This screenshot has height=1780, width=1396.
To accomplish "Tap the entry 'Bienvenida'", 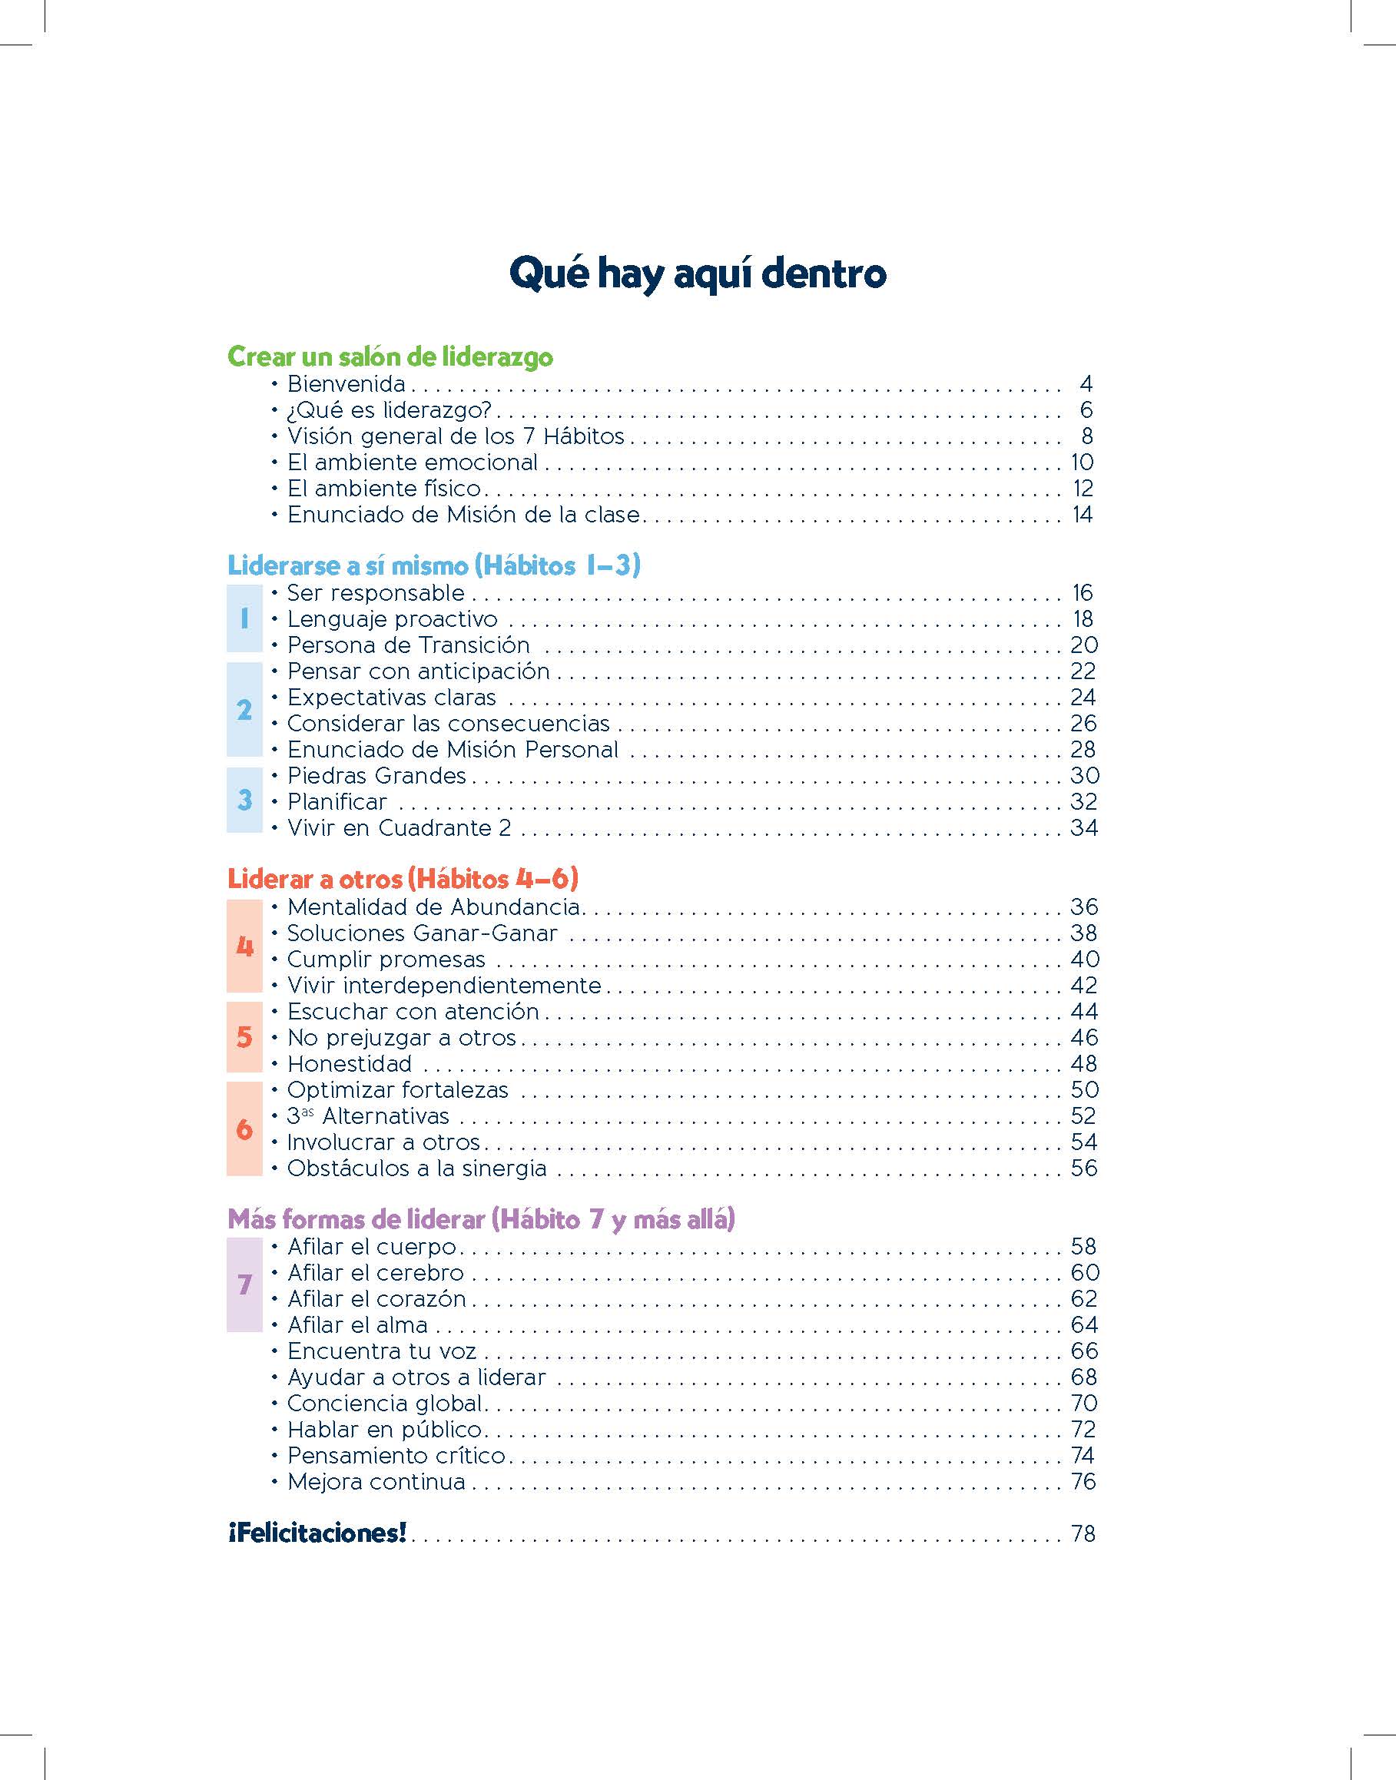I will coord(346,383).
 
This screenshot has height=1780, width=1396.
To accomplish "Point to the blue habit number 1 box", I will coord(244,618).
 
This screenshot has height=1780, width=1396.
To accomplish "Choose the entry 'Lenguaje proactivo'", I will coord(392,618).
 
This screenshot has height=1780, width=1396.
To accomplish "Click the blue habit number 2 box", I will coord(244,709).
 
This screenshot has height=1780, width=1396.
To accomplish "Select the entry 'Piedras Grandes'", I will coord(376,775).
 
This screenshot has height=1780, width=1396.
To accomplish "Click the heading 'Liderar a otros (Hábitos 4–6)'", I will coord(403,879).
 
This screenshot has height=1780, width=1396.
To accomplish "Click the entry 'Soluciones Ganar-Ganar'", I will coord(422,933).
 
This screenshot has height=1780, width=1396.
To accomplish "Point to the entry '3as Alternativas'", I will coord(368,1115).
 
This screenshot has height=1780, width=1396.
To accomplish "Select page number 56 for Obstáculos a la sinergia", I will coord(1084,1168).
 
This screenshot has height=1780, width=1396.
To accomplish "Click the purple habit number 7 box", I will coord(244,1284).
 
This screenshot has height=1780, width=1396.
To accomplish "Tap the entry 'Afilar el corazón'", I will coord(376,1298).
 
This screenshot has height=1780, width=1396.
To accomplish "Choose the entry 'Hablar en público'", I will coord(384,1430).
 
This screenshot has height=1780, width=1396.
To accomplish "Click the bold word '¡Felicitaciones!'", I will coord(317,1533).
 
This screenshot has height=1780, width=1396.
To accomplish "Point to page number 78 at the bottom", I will coord(1083,1534).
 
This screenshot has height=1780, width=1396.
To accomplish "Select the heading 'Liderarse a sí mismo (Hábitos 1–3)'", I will coord(433,565).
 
